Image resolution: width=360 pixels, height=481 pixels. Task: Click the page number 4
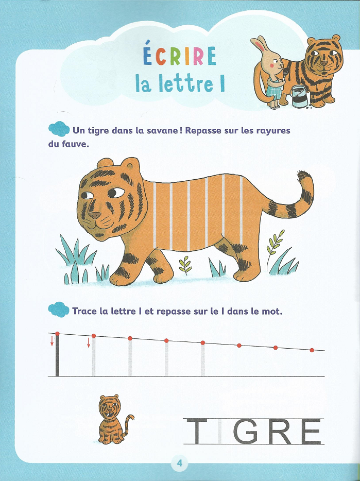[180, 462]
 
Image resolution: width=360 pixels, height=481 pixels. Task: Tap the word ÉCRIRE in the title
[180, 55]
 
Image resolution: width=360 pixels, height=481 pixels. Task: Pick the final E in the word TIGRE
[311, 432]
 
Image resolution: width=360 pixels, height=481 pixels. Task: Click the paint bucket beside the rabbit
[300, 96]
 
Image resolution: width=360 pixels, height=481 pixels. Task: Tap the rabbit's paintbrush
[285, 74]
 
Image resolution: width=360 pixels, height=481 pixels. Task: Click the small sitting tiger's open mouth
[109, 415]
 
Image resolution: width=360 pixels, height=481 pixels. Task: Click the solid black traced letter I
[57, 355]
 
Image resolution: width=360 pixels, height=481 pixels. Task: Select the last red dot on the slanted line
[312, 350]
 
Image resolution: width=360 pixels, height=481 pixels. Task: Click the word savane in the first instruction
[158, 131]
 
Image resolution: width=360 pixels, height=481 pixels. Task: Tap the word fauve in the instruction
[75, 144]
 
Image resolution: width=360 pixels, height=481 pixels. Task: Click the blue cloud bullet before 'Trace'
[59, 310]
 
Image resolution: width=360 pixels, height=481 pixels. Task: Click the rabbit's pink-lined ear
[260, 45]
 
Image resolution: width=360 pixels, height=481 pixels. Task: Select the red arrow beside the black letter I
[52, 341]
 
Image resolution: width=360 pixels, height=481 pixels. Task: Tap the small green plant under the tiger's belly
[185, 265]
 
